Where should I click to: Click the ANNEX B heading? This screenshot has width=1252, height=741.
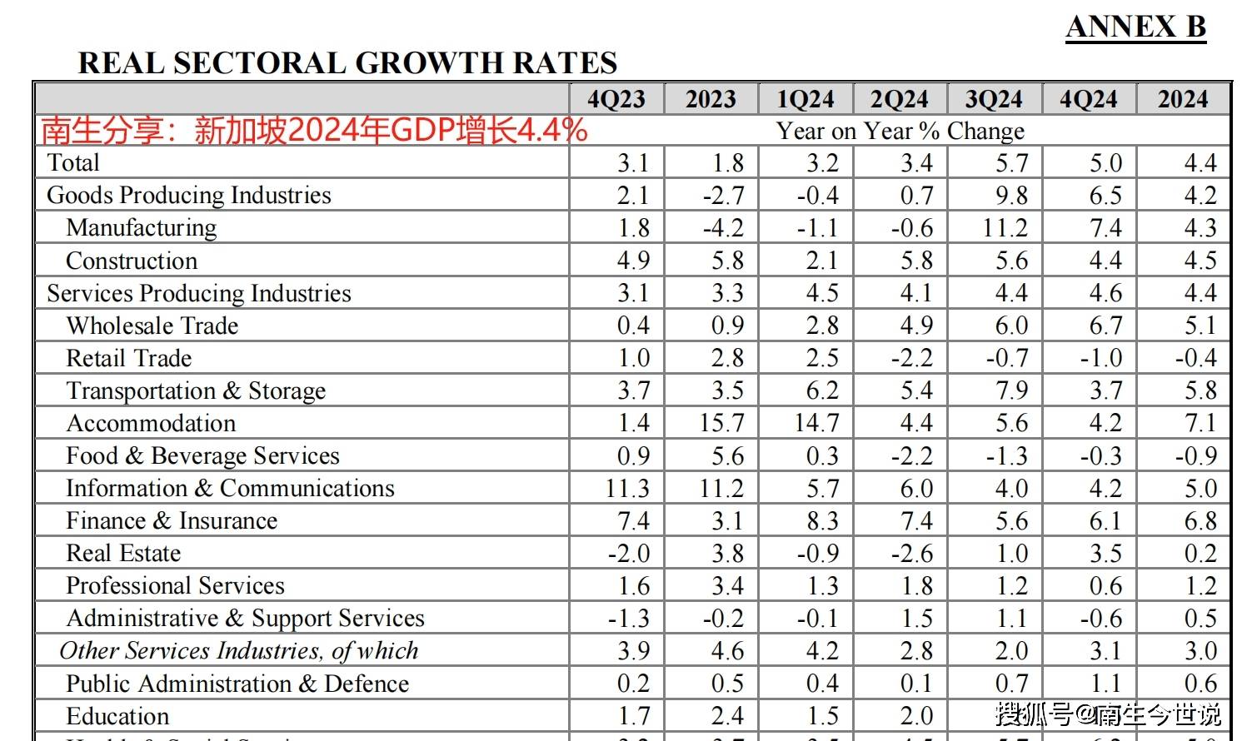1135,27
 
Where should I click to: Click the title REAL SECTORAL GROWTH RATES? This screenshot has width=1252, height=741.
347,63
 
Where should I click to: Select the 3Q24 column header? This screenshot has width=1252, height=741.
994,99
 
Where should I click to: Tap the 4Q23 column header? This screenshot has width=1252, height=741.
616,99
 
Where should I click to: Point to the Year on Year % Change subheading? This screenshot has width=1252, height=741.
900,131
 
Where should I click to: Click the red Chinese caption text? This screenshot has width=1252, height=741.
314,131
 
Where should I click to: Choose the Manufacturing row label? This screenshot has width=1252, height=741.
142,227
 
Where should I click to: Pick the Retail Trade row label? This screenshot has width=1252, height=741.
129,358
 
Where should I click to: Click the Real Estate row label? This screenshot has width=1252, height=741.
123,553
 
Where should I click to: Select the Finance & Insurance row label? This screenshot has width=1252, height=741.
172,520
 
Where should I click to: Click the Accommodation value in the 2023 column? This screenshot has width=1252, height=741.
721,423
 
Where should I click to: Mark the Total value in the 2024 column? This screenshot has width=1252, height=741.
1200,162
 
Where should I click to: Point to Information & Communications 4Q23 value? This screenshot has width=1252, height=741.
626,488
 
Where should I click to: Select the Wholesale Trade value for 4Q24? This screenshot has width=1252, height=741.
1105,326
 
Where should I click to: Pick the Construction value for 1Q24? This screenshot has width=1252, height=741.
821,261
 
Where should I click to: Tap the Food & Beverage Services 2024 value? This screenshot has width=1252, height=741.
1195,455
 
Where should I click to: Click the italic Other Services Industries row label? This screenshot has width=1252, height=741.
238,650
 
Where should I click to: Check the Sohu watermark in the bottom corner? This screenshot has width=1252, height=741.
1108,714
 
